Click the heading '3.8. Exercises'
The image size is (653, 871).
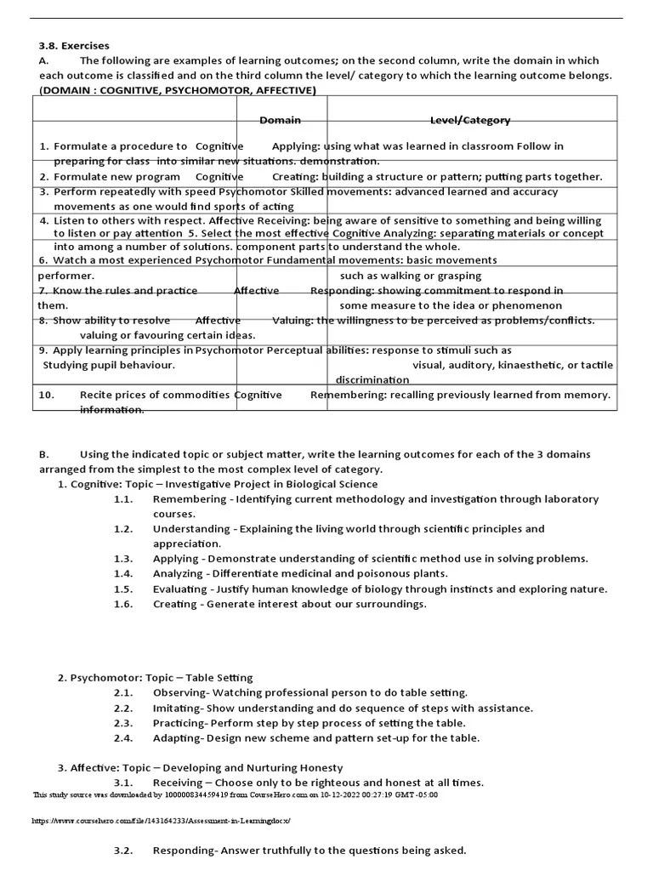pos(74,45)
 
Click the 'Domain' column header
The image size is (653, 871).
pos(280,121)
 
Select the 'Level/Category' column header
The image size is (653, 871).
pos(470,121)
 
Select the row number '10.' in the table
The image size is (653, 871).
pos(47,395)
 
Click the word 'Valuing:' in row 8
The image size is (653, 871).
pos(292,321)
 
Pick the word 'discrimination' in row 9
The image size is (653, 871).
pos(372,380)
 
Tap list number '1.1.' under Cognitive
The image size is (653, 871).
pos(123,499)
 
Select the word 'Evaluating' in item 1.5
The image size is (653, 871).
pos(179,589)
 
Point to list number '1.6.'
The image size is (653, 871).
pos(123,604)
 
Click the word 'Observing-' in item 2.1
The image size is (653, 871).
pos(180,693)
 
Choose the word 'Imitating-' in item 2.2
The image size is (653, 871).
pos(178,708)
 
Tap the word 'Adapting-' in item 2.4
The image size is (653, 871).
pos(177,737)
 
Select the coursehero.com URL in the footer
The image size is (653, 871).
pos(162,821)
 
